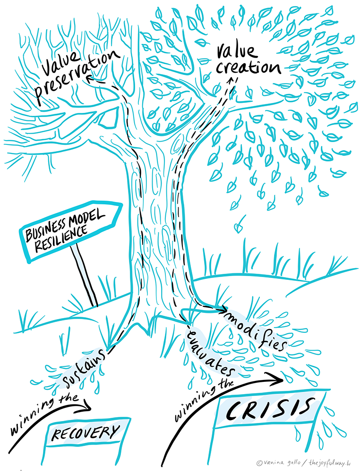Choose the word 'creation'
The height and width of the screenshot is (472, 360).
pos(249,67)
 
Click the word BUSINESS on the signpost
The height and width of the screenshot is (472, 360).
pos(46,230)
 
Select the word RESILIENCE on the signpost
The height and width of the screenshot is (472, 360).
pos(61,239)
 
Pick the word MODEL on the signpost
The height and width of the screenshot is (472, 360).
pos(87,220)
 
